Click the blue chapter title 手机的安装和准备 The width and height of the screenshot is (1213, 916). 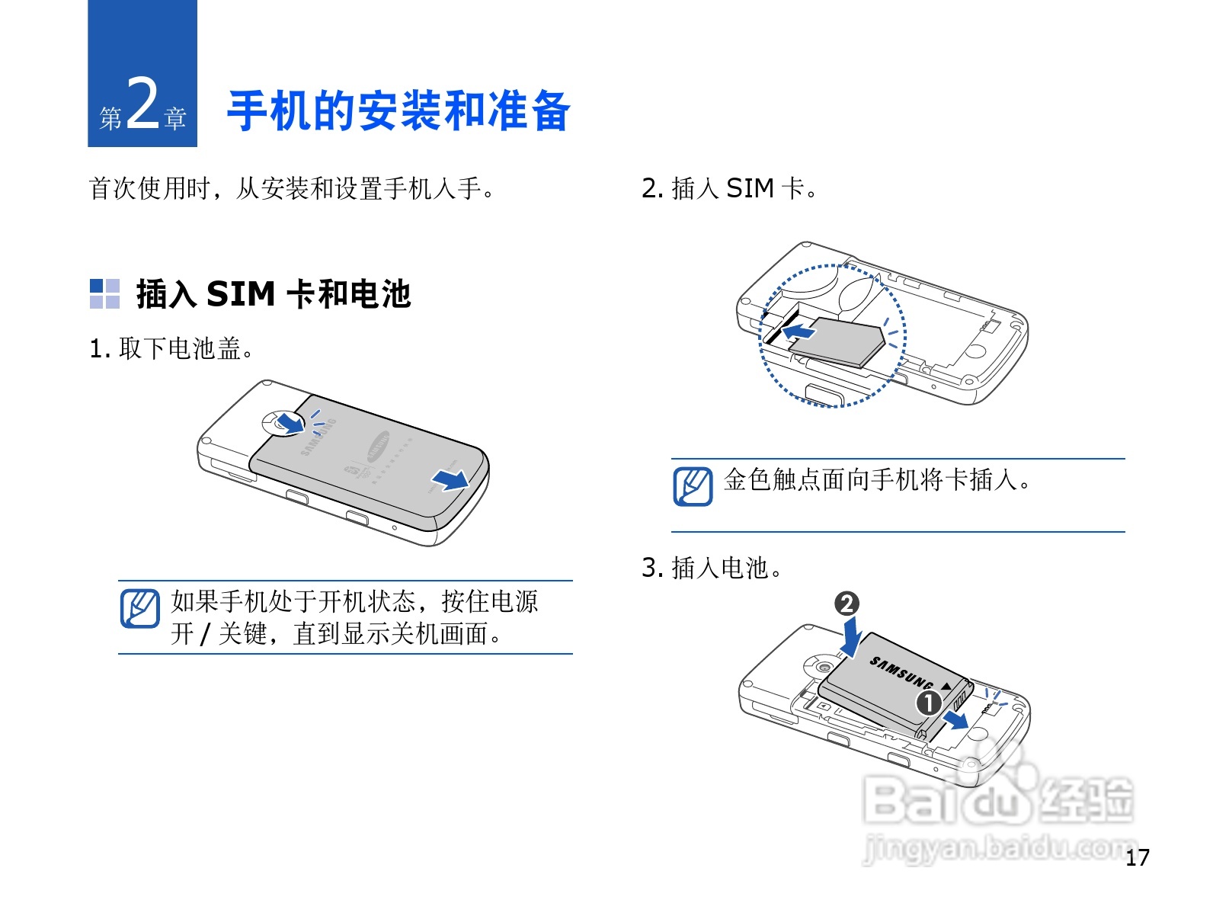pyautogui.click(x=398, y=111)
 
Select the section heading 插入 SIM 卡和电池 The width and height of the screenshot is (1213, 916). pyautogui.click(x=274, y=294)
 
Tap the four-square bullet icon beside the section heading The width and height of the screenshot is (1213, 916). pyautogui.click(x=104, y=294)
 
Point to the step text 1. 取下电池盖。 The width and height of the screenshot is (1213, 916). pyautogui.click(x=171, y=348)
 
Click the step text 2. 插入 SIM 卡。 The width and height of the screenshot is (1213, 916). pyautogui.click(x=729, y=188)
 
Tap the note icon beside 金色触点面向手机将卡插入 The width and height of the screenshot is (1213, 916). pyautogui.click(x=693, y=487)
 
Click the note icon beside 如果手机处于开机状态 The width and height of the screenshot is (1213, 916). pyautogui.click(x=139, y=609)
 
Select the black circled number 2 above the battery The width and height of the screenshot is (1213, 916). pyautogui.click(x=847, y=604)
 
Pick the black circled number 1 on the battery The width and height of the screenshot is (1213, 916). pyautogui.click(x=929, y=703)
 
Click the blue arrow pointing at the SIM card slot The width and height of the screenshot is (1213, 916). pyautogui.click(x=799, y=331)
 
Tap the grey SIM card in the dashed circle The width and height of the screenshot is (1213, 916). pyautogui.click(x=835, y=342)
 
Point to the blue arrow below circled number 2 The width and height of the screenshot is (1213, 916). pyautogui.click(x=851, y=637)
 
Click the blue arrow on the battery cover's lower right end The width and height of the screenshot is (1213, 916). pyautogui.click(x=450, y=479)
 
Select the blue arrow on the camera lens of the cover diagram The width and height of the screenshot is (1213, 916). pyautogui.click(x=290, y=422)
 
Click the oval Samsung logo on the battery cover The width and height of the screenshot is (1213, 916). pyautogui.click(x=378, y=446)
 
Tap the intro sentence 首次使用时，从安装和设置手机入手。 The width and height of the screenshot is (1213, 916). pyautogui.click(x=291, y=188)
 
